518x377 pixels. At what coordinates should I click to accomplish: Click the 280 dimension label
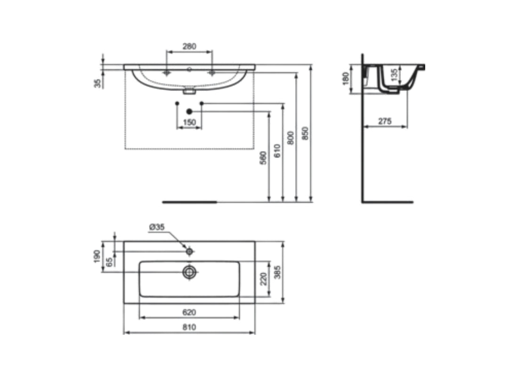pyautogui.click(x=189, y=46)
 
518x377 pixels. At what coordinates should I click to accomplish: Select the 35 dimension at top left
pyautogui.click(x=98, y=83)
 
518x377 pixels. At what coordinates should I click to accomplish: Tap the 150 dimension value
pyautogui.click(x=189, y=123)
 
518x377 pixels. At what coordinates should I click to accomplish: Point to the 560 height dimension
pyautogui.click(x=263, y=158)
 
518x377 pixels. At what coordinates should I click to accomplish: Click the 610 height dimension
pyautogui.click(x=277, y=151)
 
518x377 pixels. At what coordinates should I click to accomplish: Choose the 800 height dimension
pyautogui.click(x=291, y=138)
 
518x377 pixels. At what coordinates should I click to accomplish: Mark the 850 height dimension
pyautogui.click(x=305, y=133)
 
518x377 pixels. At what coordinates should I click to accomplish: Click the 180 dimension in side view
pyautogui.click(x=346, y=79)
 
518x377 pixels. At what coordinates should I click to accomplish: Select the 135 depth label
pyautogui.click(x=394, y=75)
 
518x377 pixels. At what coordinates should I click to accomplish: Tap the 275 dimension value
pyautogui.click(x=385, y=122)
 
